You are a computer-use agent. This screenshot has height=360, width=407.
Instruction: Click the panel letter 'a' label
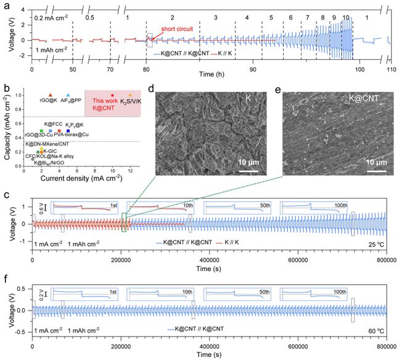(6, 6)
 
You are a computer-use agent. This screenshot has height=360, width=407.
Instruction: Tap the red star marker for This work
(112, 94)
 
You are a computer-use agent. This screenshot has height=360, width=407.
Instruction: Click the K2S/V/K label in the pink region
(131, 100)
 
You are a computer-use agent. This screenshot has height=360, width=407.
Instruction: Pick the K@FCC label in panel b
(53, 125)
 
